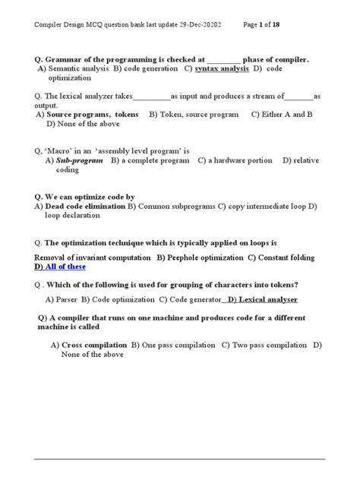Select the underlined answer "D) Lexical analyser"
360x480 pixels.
(263, 299)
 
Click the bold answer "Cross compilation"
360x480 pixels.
(94, 345)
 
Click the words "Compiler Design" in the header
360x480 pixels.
(64, 24)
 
